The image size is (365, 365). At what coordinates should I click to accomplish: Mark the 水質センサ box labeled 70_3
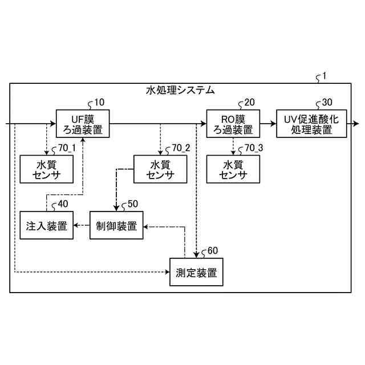[233, 169]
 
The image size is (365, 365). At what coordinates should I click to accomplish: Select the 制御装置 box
[116, 226]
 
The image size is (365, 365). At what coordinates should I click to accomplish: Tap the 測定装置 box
[196, 272]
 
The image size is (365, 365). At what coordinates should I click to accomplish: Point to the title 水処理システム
[180, 90]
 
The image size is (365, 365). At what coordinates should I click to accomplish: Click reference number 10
[99, 103]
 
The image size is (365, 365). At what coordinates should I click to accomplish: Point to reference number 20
[249, 103]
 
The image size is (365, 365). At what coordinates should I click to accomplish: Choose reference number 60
[212, 251]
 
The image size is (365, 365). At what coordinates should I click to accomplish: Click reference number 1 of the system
[325, 76]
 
